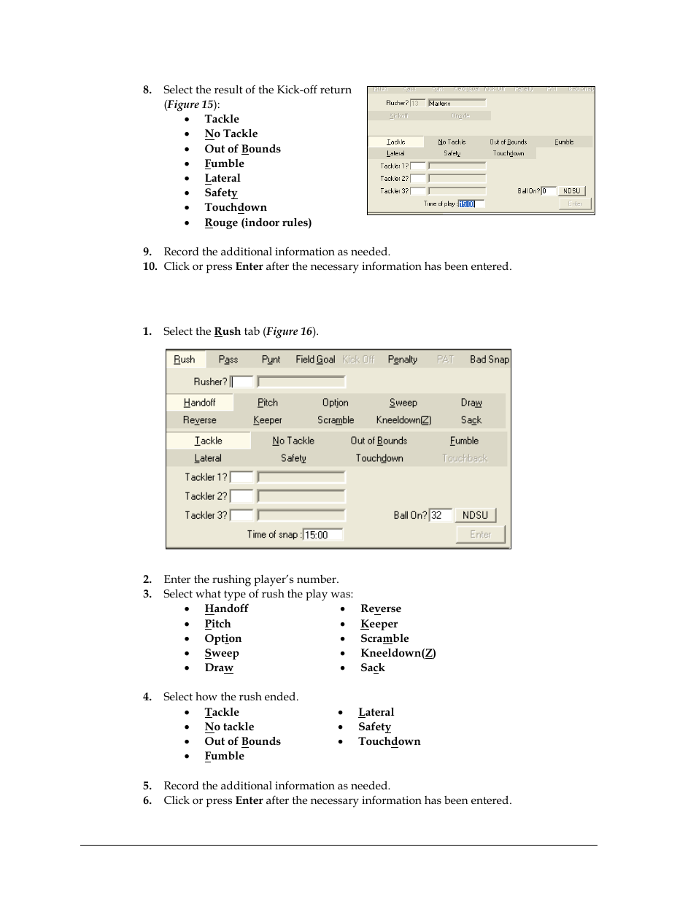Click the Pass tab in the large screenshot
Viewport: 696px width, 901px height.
click(x=228, y=360)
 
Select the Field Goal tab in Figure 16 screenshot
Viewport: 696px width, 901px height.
click(x=315, y=360)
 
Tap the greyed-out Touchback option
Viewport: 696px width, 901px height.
click(x=465, y=458)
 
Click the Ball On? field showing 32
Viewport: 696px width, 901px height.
click(x=441, y=515)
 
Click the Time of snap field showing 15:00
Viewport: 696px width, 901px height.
click(x=322, y=535)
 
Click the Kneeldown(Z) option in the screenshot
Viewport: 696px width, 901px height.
click(x=403, y=420)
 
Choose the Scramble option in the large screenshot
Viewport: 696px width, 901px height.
click(x=336, y=420)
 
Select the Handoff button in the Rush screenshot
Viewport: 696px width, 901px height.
click(x=199, y=403)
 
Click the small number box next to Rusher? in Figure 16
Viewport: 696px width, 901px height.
click(x=242, y=382)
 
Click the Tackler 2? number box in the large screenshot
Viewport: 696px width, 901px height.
click(x=242, y=496)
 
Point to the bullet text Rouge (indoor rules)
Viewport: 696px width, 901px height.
click(x=258, y=223)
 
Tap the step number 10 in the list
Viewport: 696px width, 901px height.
click(x=150, y=266)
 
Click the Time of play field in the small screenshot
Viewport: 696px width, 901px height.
click(x=471, y=204)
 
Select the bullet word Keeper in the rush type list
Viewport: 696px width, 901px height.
click(x=379, y=624)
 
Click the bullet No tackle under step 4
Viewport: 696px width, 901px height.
click(x=229, y=727)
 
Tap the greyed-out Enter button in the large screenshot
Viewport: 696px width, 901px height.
click(x=480, y=535)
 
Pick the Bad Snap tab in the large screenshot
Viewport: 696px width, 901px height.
click(x=489, y=360)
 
